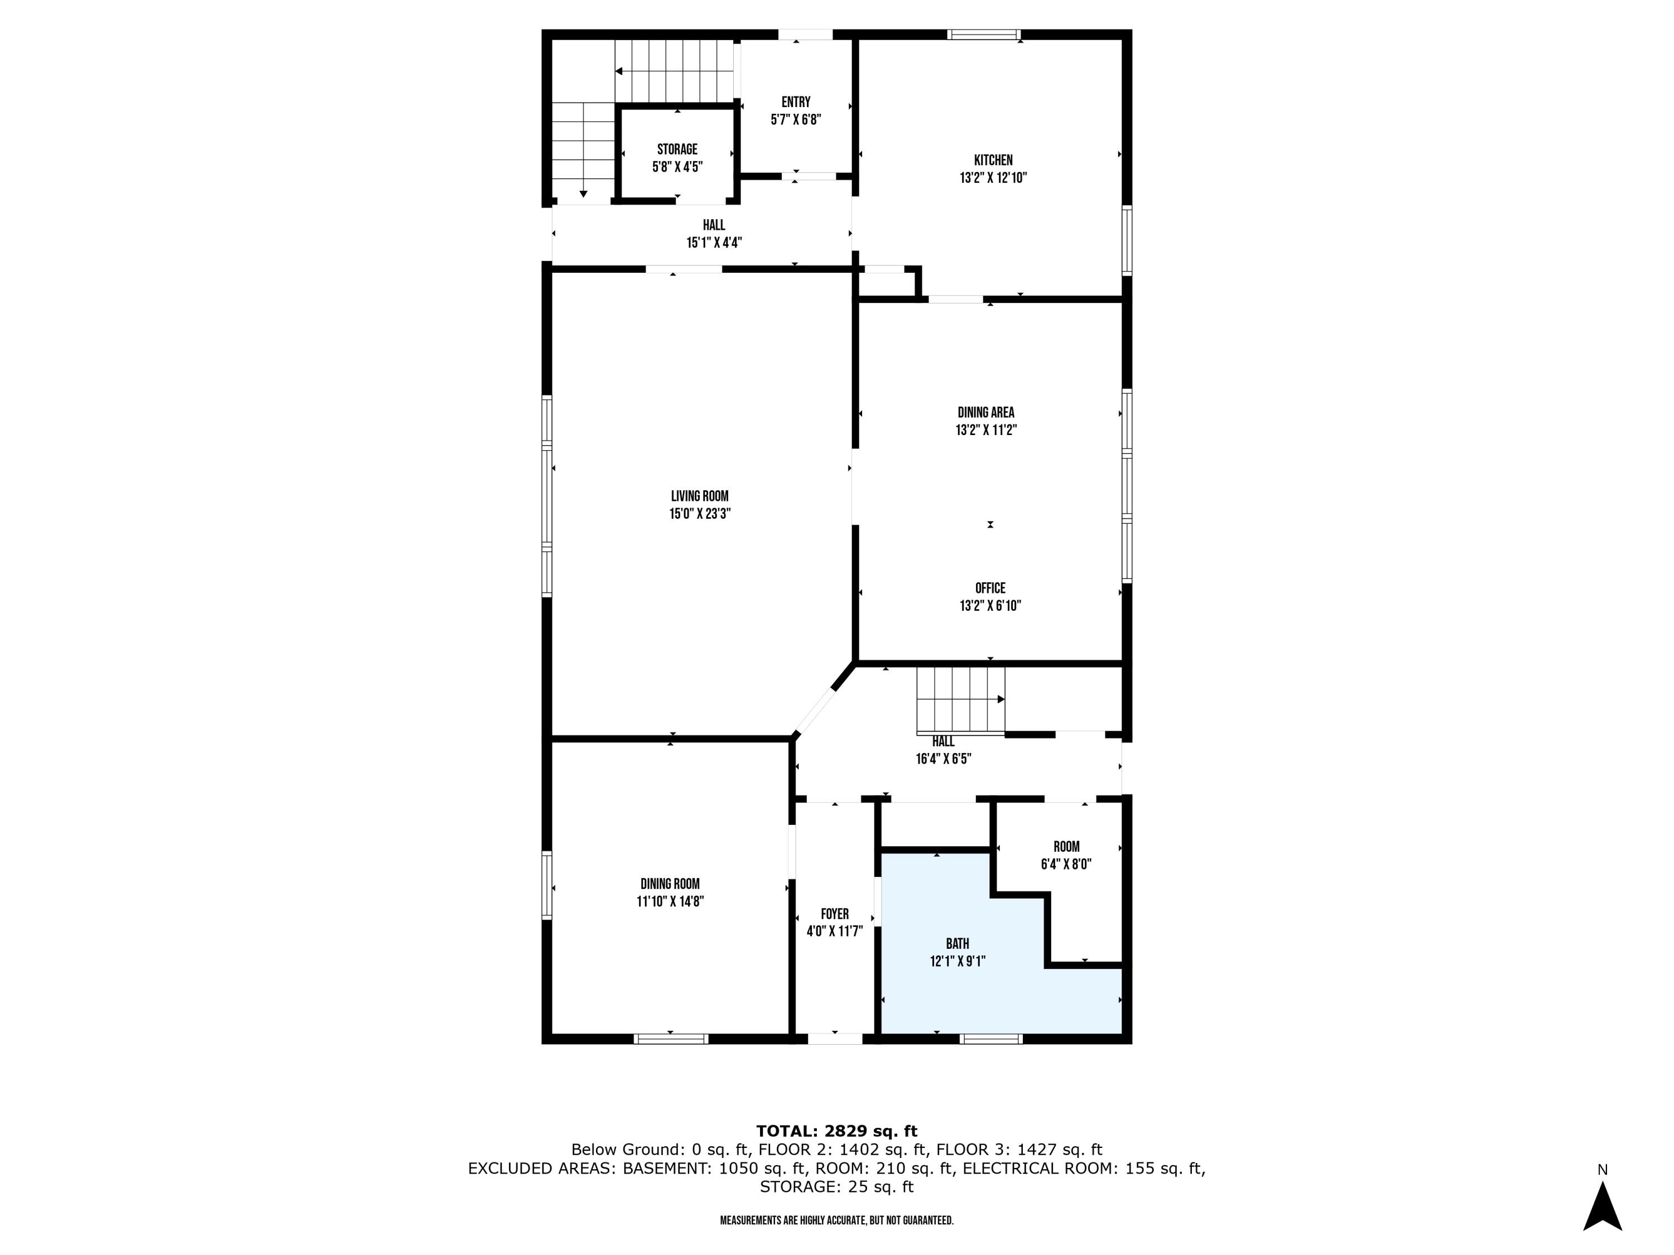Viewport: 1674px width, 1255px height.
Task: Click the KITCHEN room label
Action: tap(993, 161)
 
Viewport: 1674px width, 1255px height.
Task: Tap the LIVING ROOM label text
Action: tap(699, 496)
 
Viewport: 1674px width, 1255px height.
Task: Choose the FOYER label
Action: tap(835, 914)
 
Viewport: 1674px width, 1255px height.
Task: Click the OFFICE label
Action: tap(990, 588)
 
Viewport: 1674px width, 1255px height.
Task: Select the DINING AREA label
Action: tap(985, 412)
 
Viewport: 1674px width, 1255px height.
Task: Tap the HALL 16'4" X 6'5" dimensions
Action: tap(943, 759)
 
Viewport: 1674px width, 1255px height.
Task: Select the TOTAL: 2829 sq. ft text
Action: tap(836, 1131)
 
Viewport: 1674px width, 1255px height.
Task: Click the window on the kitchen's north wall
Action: tap(984, 35)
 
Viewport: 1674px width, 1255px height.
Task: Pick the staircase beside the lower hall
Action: tap(960, 700)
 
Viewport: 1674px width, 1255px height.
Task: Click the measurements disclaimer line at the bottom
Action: tap(836, 1220)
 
